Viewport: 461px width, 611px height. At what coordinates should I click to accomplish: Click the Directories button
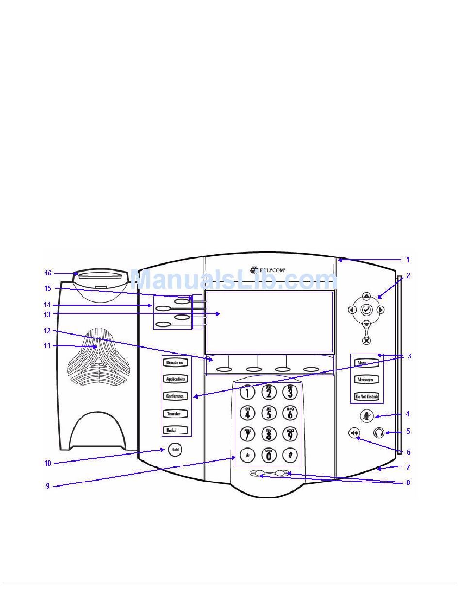click(x=175, y=363)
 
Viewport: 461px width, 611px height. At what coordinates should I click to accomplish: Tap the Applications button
click(x=175, y=379)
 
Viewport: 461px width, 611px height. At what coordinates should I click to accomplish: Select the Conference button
click(x=175, y=396)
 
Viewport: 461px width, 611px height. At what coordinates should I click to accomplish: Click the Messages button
click(x=366, y=380)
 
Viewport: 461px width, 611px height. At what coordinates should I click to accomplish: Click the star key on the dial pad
click(x=247, y=456)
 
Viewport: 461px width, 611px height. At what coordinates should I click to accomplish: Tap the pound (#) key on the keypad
click(x=290, y=456)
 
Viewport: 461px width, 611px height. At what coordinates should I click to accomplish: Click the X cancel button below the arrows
click(x=366, y=340)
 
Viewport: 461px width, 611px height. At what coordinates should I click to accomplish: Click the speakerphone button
click(x=354, y=433)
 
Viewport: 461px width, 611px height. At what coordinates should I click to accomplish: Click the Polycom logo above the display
click(x=268, y=270)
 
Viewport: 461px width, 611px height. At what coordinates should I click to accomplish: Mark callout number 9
click(x=48, y=486)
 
